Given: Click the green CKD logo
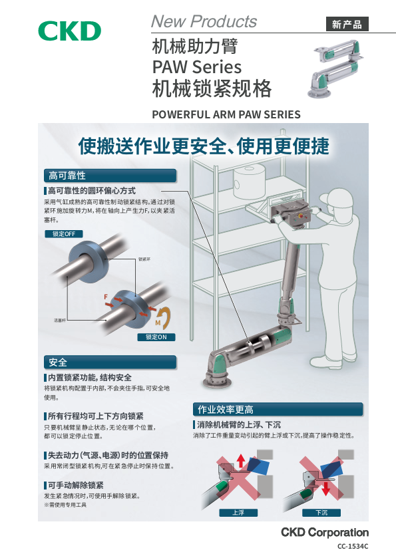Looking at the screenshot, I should (x=69, y=31).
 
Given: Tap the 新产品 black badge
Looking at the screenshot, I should (x=347, y=25).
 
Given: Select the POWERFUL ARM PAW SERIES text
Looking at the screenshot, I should (x=226, y=114).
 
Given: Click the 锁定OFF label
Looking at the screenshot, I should (x=64, y=233).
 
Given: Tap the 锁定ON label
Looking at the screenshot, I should (x=156, y=337).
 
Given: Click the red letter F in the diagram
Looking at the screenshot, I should (x=106, y=295).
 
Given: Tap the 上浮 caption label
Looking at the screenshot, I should (x=238, y=513).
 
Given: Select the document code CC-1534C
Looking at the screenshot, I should (x=353, y=546).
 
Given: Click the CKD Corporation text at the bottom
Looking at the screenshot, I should (x=324, y=532).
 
